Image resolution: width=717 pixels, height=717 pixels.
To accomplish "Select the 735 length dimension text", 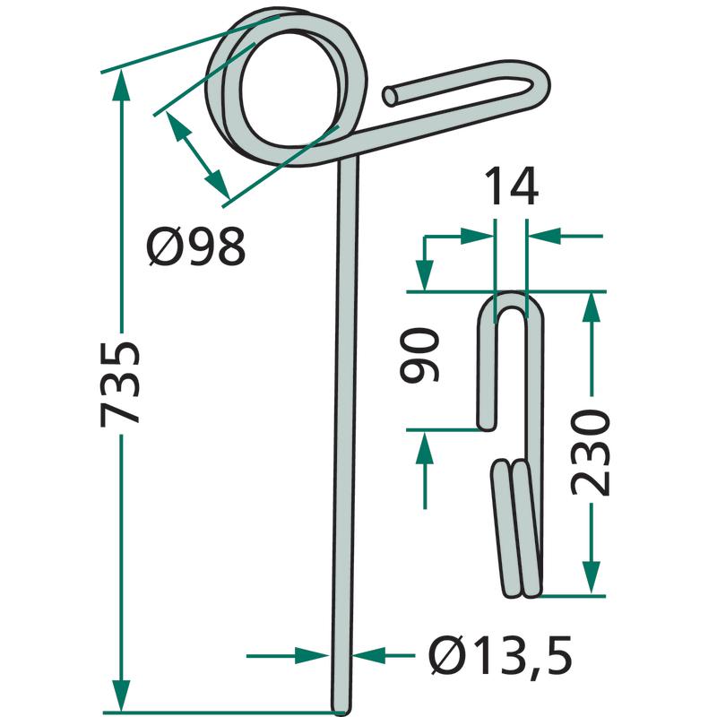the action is (120, 384).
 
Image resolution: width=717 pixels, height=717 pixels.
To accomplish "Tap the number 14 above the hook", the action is (511, 186).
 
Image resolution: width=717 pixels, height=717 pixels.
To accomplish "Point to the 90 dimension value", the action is (419, 355).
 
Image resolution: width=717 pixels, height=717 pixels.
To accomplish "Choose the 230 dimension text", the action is (591, 453).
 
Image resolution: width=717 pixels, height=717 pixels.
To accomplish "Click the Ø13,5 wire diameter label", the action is (500, 655).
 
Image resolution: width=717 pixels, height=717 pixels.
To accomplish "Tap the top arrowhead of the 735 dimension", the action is (121, 85).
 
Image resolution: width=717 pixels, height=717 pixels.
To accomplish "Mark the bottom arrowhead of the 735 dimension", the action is (121, 696).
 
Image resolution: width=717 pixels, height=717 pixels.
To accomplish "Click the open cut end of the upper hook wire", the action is (390, 97).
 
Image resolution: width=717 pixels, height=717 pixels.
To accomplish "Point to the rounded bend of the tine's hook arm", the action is (540, 84).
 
